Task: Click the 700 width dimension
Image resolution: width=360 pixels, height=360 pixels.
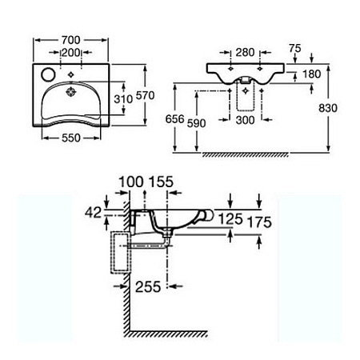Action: point(70,40)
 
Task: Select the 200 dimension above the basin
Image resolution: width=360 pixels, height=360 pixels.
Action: point(70,53)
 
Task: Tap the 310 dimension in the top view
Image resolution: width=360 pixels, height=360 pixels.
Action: point(123,99)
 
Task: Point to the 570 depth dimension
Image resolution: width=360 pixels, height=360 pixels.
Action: point(146,95)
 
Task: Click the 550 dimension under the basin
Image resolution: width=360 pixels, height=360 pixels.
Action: point(71,138)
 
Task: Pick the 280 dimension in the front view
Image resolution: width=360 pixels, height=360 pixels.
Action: point(245,53)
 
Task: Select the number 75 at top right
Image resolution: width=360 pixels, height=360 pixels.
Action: point(295,48)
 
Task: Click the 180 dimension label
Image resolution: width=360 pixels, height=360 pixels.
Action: point(311,74)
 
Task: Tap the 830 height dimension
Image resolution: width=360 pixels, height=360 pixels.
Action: point(328,108)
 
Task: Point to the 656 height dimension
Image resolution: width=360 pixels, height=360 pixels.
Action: point(174,119)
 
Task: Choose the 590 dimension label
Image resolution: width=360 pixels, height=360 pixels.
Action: point(197,123)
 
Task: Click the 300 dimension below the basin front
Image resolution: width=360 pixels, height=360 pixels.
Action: point(245,120)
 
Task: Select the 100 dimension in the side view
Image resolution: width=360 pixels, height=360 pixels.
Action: point(131,182)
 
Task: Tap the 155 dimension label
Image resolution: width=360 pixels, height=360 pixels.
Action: point(161,182)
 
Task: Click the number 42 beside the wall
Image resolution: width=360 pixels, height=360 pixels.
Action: point(93,213)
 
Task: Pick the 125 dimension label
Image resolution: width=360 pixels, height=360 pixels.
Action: point(230,219)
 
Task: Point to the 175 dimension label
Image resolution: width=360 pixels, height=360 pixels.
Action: point(259,222)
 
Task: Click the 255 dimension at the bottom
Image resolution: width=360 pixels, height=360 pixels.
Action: point(148,287)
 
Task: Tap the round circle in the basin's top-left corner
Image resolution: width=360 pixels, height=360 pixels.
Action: point(48,74)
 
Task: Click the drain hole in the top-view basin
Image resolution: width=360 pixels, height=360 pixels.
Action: point(71,92)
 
